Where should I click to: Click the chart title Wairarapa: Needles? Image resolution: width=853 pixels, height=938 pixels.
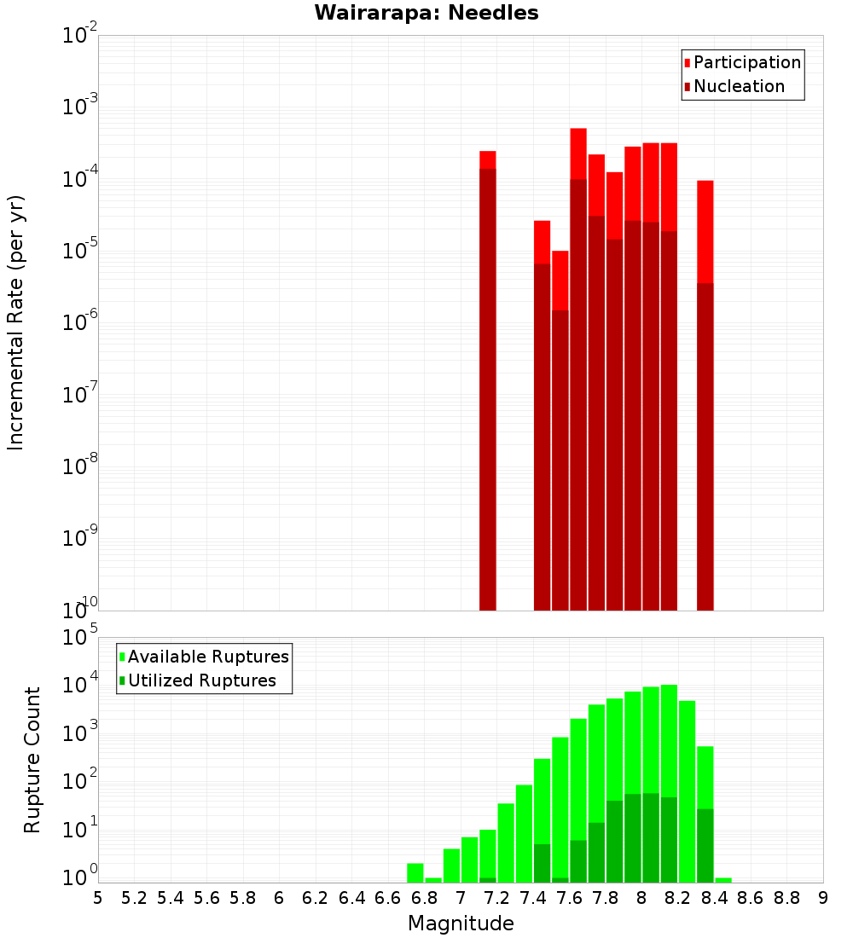(426, 13)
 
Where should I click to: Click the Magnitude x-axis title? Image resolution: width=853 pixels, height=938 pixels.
(461, 924)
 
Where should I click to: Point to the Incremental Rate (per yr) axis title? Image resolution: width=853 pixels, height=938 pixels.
(15, 322)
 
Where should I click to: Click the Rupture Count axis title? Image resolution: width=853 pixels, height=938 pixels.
(32, 760)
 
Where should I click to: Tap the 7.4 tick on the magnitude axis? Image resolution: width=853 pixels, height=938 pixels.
(533, 898)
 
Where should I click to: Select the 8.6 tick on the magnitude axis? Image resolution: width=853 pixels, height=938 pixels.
(751, 898)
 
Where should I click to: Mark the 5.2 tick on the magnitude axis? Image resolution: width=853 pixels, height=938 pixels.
(134, 898)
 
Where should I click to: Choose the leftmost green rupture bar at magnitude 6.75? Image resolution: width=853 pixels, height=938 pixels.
(415, 873)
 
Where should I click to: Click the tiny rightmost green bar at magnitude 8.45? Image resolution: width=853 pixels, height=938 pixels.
(723, 880)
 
